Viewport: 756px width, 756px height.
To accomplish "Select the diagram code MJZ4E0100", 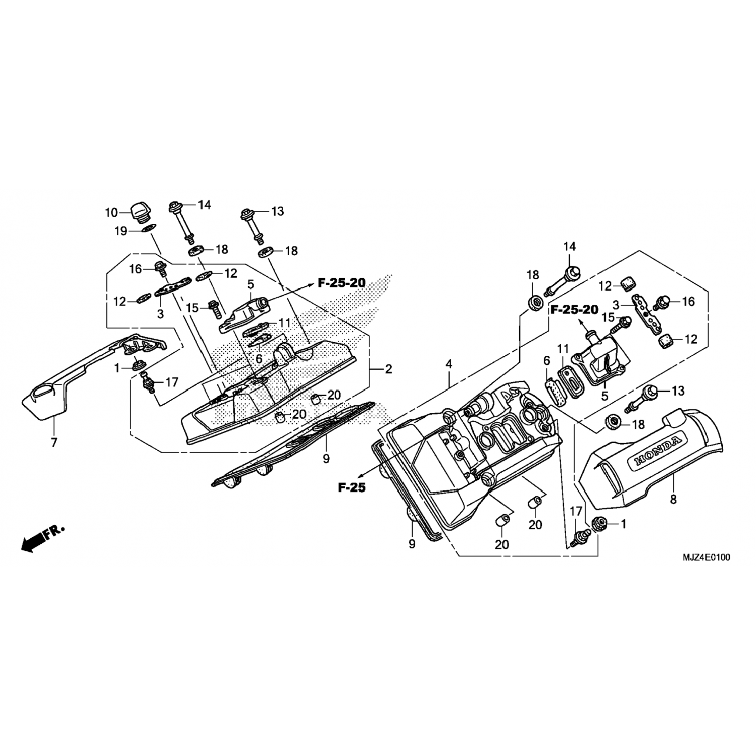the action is point(706,557).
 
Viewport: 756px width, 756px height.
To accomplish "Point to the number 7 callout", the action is point(54,443).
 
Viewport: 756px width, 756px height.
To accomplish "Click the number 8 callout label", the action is point(673,500).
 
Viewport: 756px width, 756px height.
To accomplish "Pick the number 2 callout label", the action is point(388,369).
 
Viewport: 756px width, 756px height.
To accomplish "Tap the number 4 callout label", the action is point(449,364).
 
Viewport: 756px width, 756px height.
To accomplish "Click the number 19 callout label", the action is point(120,231).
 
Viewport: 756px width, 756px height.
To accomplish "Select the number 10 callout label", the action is point(111,213).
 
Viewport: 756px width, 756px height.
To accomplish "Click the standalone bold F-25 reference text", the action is point(352,487).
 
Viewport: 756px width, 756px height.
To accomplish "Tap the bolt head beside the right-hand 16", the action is point(661,302).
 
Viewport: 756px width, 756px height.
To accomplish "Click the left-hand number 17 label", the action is point(171,382).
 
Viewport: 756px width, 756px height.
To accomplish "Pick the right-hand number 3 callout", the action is point(616,305).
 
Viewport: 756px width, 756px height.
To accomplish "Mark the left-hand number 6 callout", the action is point(259,358).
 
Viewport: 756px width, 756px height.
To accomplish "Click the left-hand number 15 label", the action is point(192,307).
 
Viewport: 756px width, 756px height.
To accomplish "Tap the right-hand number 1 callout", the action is point(623,524).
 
